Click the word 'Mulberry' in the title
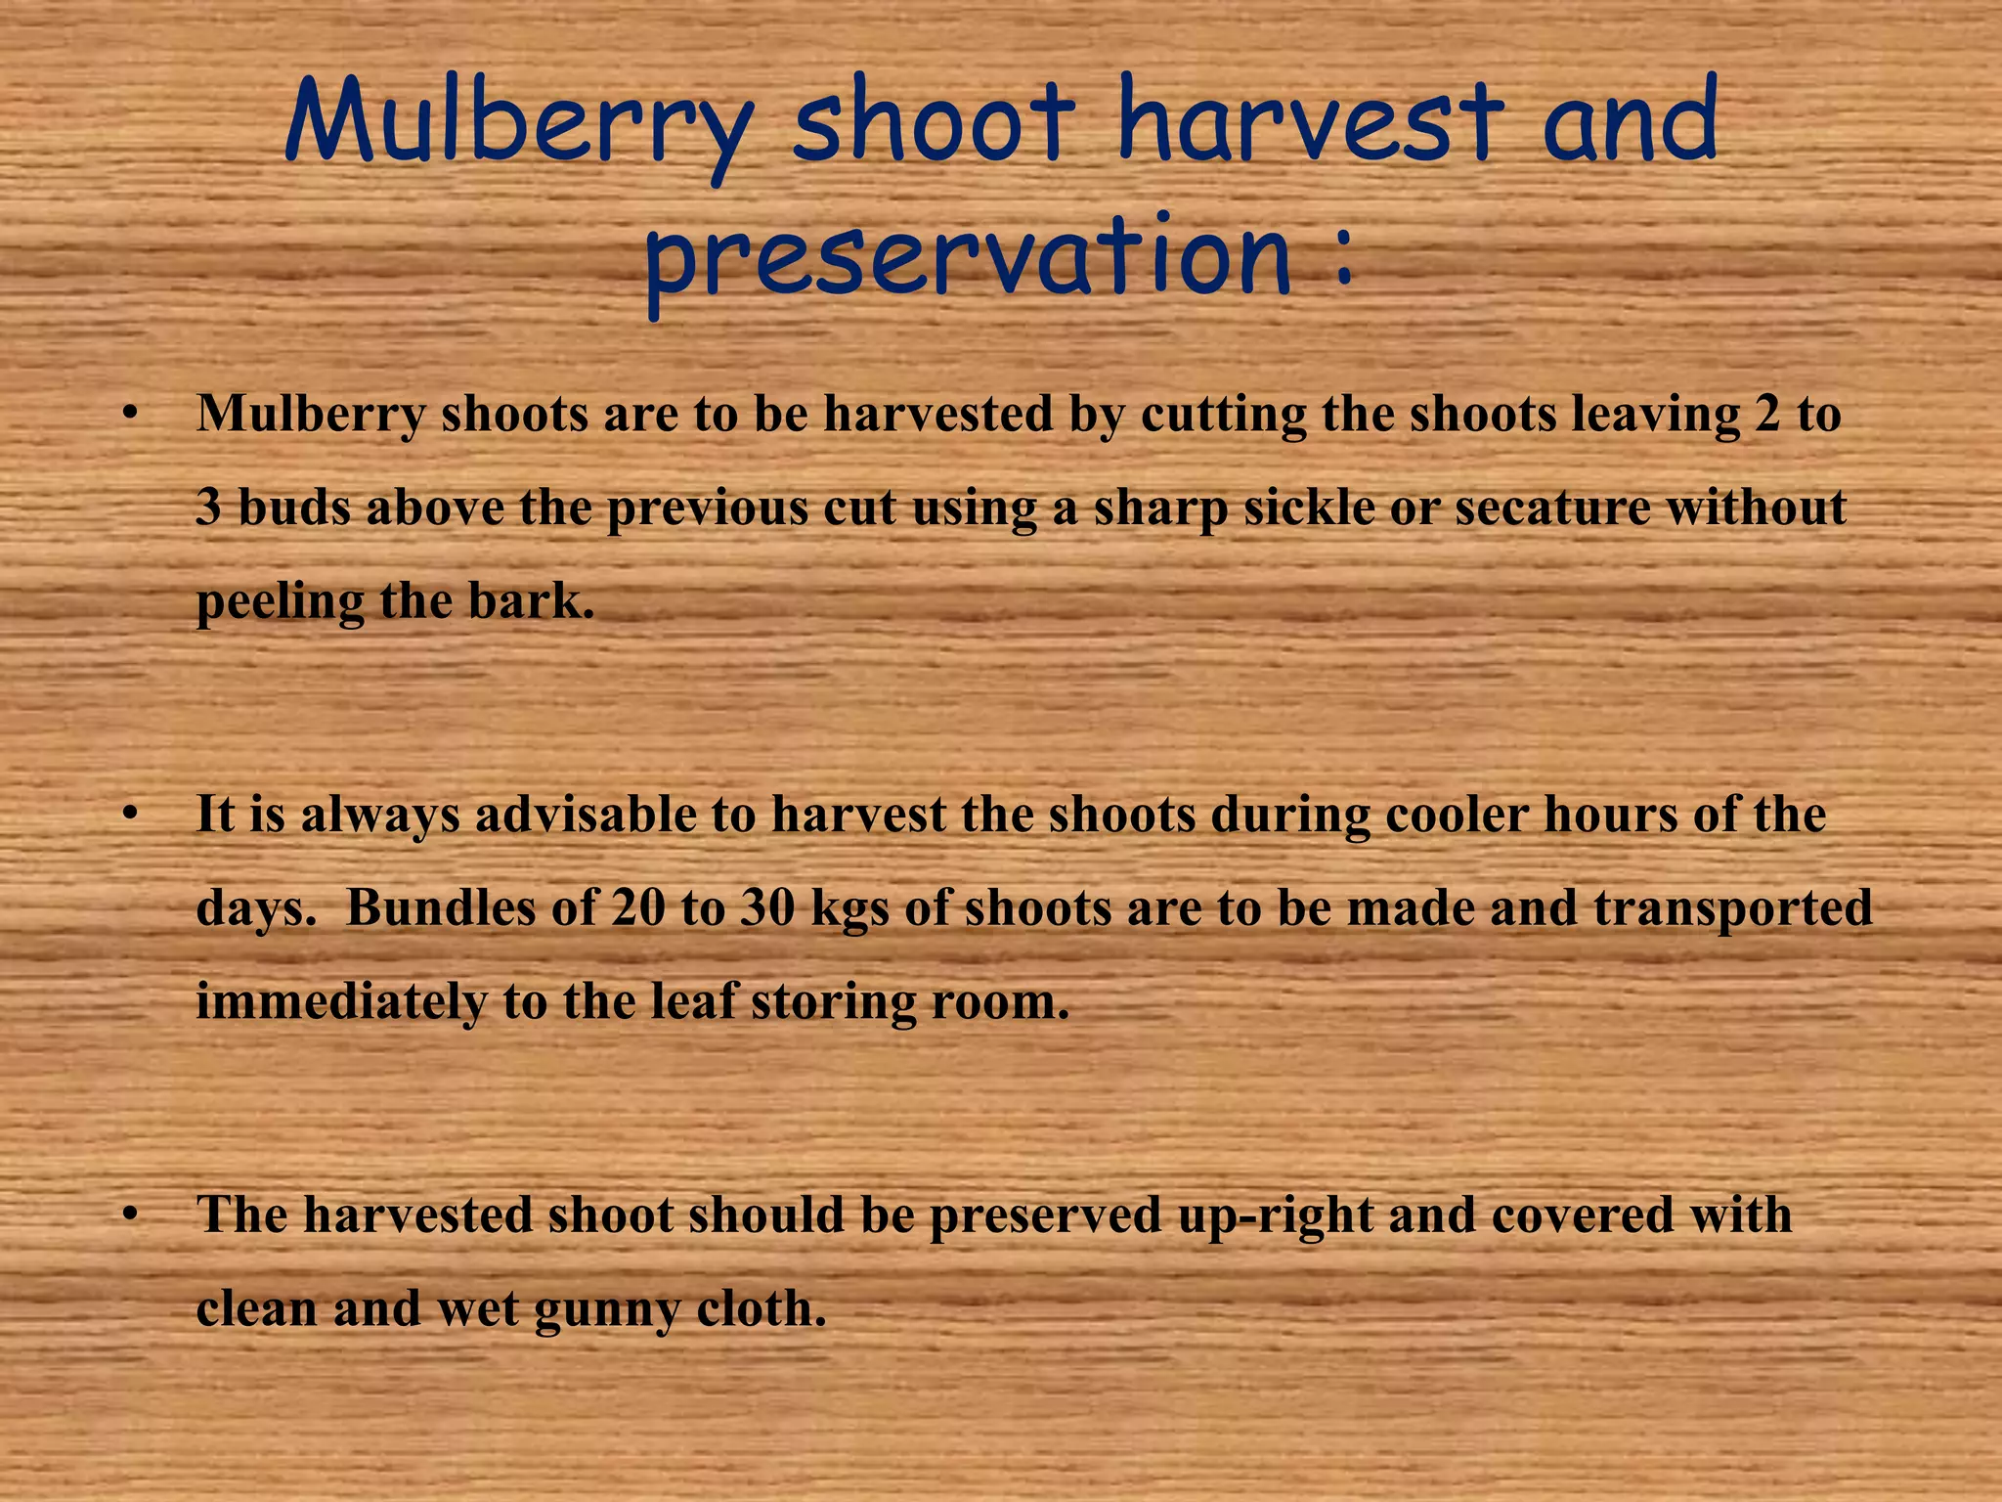point(519,125)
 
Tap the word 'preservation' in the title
point(968,258)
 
